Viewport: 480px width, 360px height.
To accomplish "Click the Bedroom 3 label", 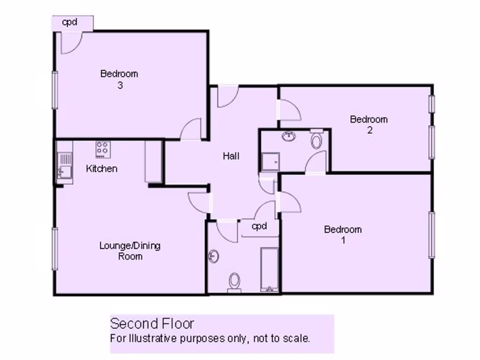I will [119, 79].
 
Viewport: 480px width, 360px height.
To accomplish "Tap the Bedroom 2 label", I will [369, 125].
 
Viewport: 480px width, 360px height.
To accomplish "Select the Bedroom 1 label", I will [343, 235].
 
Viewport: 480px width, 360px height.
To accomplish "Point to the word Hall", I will [231, 156].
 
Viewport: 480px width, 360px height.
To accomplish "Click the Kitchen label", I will [102, 169].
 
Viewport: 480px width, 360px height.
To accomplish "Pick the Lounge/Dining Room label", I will [130, 251].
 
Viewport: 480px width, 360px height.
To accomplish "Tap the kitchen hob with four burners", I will [103, 150].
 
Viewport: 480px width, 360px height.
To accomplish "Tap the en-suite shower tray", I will [270, 162].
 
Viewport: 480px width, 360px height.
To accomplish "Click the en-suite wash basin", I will [289, 136].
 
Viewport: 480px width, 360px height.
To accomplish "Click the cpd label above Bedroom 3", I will [69, 22].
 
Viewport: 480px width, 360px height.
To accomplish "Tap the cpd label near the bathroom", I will [259, 226].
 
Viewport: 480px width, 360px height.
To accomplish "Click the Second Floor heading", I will [152, 323].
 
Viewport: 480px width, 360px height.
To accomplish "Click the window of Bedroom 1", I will [432, 234].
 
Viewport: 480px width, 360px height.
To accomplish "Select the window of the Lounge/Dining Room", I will [55, 248].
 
